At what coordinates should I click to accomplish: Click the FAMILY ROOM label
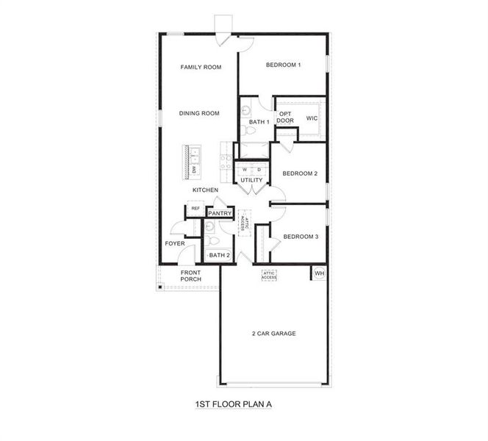click(x=201, y=68)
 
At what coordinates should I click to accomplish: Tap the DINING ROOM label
click(x=200, y=113)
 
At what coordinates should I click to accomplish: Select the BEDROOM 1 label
click(x=284, y=65)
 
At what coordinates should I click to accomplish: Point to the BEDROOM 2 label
click(x=300, y=173)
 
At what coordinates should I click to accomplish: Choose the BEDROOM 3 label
click(x=301, y=237)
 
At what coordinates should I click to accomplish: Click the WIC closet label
click(x=312, y=118)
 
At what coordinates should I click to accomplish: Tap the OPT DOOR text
click(x=286, y=117)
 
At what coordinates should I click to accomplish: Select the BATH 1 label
click(x=259, y=122)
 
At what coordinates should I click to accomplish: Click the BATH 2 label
click(x=219, y=255)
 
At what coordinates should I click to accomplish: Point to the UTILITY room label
click(x=251, y=180)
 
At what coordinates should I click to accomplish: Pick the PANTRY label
click(x=220, y=214)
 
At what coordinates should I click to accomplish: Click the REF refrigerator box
click(x=195, y=209)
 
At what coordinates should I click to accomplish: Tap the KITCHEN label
click(x=205, y=190)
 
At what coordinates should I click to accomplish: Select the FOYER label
click(x=175, y=243)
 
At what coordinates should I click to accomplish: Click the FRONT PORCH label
click(x=191, y=276)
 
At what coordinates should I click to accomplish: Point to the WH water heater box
click(x=319, y=273)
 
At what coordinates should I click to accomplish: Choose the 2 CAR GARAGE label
click(x=272, y=334)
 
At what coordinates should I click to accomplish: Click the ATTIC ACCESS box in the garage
click(x=269, y=276)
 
